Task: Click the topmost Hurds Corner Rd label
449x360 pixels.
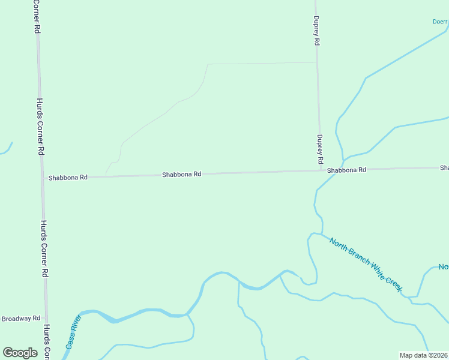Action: (x=36, y=16)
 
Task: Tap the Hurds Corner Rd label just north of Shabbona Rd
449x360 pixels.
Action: (x=40, y=127)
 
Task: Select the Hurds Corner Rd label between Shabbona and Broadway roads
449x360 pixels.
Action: (x=44, y=248)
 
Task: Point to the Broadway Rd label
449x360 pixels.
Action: (x=20, y=318)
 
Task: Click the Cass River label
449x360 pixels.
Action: (x=73, y=332)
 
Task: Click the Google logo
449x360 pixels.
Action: (x=20, y=353)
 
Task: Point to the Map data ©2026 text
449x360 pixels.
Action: (x=423, y=355)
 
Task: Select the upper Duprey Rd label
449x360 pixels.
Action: (x=316, y=32)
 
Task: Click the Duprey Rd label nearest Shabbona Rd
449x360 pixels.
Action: (x=320, y=149)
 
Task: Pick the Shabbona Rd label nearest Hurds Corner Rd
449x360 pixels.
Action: (x=68, y=178)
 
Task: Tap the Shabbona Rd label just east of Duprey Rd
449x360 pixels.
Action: (x=346, y=170)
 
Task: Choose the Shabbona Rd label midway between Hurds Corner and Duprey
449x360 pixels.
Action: (x=181, y=174)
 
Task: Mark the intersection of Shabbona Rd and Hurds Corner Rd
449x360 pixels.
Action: (x=43, y=178)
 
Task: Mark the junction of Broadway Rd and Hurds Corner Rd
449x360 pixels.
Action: (x=46, y=317)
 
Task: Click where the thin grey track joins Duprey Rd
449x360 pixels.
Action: (x=317, y=62)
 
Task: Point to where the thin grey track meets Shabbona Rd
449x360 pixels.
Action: (x=106, y=176)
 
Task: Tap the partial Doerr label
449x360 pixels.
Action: (x=440, y=22)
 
